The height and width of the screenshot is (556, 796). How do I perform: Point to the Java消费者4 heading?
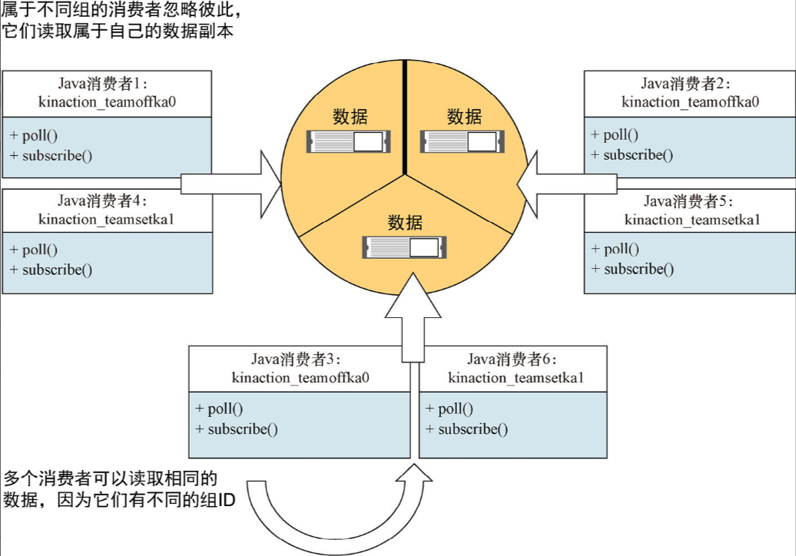[108, 201]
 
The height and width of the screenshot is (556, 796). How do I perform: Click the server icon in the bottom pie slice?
[404, 247]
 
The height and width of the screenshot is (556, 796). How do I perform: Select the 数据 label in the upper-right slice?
[464, 117]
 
